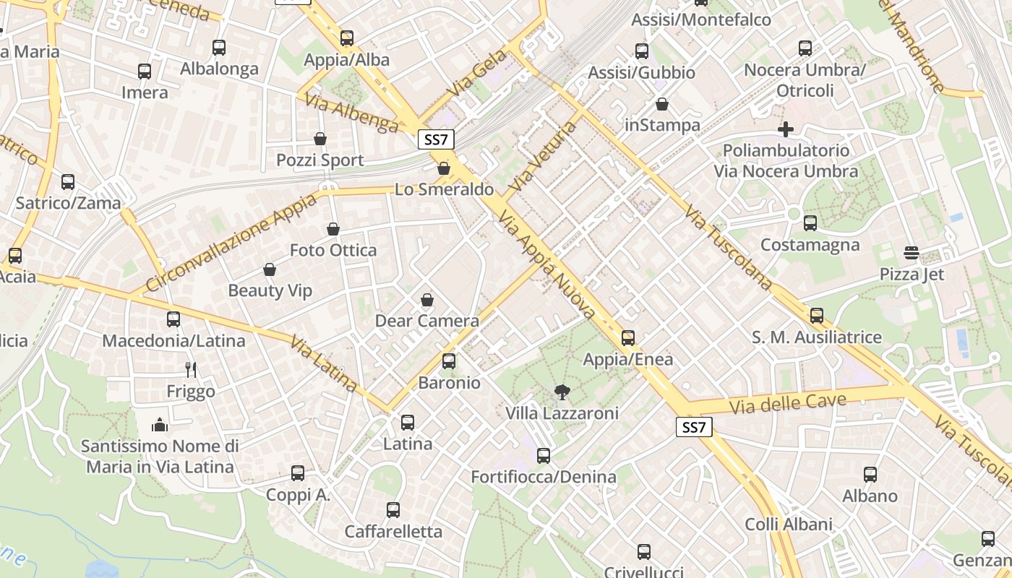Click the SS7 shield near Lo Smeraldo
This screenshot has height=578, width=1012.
436,139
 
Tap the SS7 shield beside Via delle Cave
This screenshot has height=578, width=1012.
694,427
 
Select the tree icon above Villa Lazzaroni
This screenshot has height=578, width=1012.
561,392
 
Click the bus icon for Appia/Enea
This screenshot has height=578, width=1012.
628,338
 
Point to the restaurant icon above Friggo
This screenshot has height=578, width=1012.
191,370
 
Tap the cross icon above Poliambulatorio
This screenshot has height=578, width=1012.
786,129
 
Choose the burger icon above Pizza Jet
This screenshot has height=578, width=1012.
912,253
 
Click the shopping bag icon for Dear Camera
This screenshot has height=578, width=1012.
427,300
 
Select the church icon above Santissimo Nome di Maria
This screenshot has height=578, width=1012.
160,425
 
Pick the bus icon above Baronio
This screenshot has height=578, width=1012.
449,361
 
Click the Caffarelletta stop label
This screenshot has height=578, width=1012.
393,532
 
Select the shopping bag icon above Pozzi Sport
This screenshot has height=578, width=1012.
320,139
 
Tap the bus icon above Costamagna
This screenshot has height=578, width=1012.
810,223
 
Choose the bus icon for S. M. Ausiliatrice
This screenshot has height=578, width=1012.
817,316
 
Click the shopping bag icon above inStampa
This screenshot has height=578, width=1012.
662,104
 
